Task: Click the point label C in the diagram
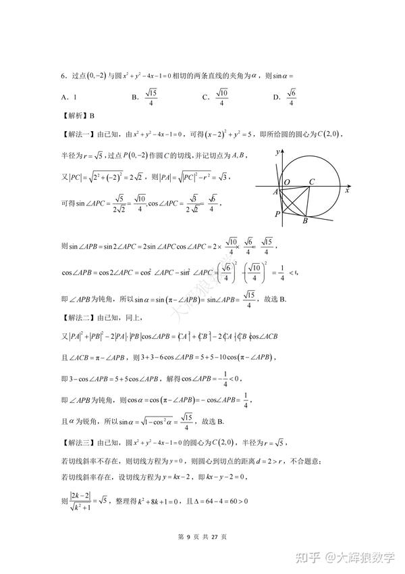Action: [312, 182]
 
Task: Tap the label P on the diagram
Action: [277, 214]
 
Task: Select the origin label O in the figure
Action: [287, 183]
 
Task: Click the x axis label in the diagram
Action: [346, 191]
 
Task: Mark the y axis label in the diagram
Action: [277, 154]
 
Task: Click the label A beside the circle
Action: [276, 193]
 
